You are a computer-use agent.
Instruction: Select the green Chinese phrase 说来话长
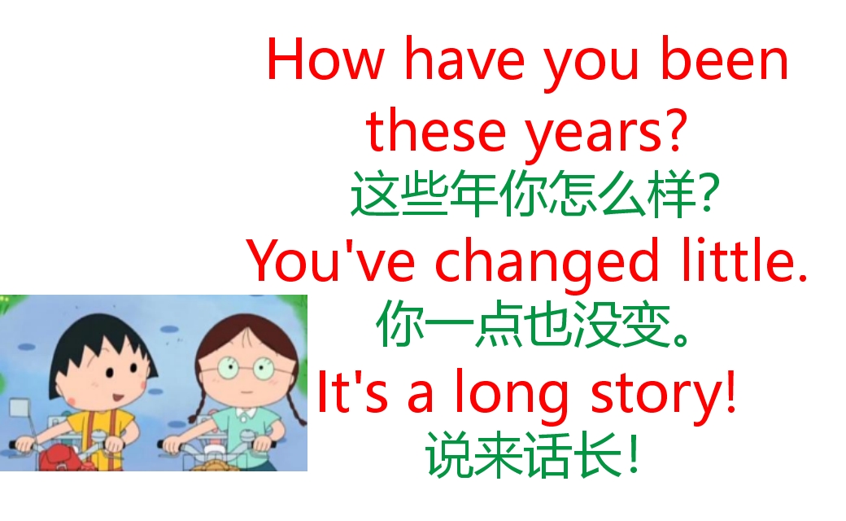coord(521,456)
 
